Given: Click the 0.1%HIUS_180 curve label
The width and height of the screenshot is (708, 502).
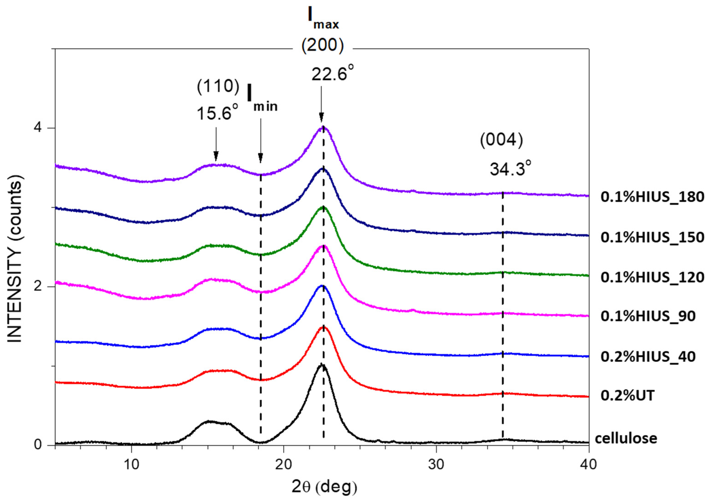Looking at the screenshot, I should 652,197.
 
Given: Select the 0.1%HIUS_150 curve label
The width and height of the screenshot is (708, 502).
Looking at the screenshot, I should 652,237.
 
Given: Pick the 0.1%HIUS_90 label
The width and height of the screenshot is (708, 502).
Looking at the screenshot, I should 648,316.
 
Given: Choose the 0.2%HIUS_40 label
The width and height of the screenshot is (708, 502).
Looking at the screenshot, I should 648,357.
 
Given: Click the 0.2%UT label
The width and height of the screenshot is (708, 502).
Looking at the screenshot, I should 627,396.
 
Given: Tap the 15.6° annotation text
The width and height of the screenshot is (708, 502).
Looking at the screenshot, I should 217,113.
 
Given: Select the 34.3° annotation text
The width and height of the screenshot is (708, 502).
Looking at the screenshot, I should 511,169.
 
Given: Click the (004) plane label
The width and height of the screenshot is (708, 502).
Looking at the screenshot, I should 501,140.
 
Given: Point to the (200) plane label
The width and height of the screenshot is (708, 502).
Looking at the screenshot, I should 322,46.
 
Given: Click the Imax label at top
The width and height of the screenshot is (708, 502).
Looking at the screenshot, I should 323,19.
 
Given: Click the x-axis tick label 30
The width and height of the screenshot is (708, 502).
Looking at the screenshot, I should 436,464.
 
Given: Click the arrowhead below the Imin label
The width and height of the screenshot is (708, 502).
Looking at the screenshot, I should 261,158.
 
